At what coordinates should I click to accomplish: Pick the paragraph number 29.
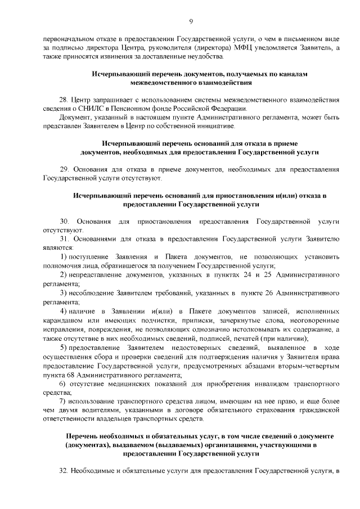pyautogui.click(x=64, y=169)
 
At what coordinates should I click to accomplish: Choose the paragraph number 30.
pyautogui.click(x=64, y=221)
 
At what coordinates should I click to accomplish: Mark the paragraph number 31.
pyautogui.click(x=64, y=239)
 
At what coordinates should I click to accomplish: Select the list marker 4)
pyautogui.click(x=64, y=311)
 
